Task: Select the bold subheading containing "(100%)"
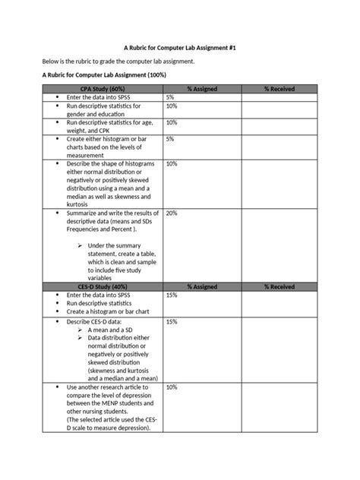click(104, 75)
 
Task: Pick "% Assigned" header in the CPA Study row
click(202, 90)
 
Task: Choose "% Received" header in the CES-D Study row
click(279, 287)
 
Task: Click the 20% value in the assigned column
click(172, 213)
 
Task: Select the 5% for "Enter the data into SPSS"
click(170, 98)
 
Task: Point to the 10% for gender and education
click(172, 106)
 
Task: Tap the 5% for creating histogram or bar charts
click(170, 139)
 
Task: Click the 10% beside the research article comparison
click(172, 387)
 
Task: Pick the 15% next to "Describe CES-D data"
click(172, 322)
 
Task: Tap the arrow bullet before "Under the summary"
click(80, 245)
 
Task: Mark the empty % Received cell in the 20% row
click(279, 247)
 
